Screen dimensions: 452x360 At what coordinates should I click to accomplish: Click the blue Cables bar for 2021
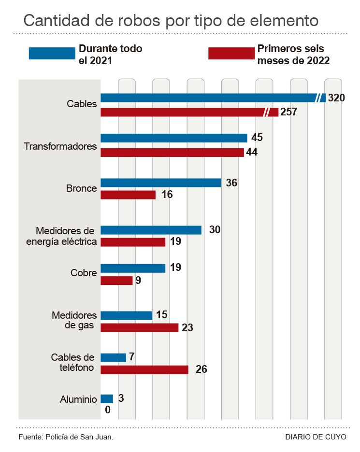click(x=208, y=98)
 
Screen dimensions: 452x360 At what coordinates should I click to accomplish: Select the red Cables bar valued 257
click(x=184, y=113)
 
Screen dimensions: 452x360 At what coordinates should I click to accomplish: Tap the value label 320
click(x=336, y=98)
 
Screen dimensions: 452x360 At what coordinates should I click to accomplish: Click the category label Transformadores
click(x=60, y=146)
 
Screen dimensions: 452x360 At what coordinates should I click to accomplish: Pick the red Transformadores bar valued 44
click(x=172, y=153)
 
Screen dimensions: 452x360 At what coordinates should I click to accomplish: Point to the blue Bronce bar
click(x=160, y=183)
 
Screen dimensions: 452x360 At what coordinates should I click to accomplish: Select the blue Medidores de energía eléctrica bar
click(x=151, y=230)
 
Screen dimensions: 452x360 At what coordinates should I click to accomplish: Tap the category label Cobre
click(x=84, y=272)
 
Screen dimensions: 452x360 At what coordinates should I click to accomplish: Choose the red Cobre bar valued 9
click(x=116, y=281)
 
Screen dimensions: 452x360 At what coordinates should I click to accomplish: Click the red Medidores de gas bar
click(x=139, y=327)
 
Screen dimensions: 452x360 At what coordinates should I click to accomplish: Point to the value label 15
click(x=162, y=315)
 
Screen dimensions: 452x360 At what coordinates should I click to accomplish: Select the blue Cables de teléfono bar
click(x=113, y=358)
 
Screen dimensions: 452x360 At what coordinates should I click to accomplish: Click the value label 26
click(x=202, y=370)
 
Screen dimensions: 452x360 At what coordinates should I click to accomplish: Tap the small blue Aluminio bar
click(x=107, y=399)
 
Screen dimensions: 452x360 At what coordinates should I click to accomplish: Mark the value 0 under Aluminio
click(x=108, y=410)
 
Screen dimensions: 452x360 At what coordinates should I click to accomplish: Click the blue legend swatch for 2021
click(x=52, y=54)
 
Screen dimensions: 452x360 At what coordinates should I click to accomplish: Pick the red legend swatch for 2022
click(x=231, y=54)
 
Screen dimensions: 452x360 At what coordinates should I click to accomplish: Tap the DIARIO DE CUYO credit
click(x=316, y=437)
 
